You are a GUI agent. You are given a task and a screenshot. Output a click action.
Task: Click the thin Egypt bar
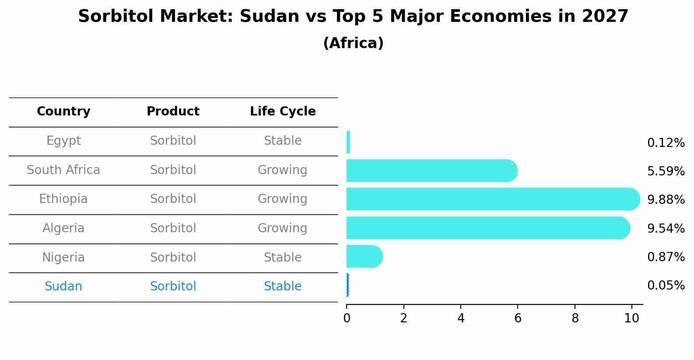tap(348, 142)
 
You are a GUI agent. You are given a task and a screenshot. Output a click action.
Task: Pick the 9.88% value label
tap(666, 200)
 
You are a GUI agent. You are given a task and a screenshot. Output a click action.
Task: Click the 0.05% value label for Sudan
tap(666, 286)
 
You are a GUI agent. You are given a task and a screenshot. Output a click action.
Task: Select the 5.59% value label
tap(666, 171)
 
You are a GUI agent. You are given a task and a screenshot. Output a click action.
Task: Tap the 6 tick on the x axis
tap(518, 318)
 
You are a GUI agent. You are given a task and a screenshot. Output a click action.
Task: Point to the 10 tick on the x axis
tap(631, 318)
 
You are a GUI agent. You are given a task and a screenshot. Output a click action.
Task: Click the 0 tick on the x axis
tap(347, 318)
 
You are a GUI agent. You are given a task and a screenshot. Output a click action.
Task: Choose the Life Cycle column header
tap(283, 112)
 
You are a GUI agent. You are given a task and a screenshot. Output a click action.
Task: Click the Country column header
tap(63, 112)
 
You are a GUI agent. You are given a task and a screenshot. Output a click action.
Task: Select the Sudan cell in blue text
tap(63, 287)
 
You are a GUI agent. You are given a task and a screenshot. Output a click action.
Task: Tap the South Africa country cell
tap(63, 170)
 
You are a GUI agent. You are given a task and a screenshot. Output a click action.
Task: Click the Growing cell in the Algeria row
tap(282, 228)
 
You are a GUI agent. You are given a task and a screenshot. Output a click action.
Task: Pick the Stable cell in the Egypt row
tap(282, 141)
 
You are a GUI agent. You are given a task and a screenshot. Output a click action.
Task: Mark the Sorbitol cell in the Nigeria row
tap(173, 257)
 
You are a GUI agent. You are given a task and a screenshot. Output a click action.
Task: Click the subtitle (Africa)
tap(353, 43)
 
